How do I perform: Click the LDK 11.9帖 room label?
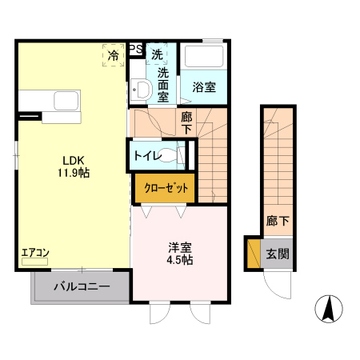pyautogui.click(x=70, y=166)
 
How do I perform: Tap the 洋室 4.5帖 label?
pyautogui.click(x=178, y=254)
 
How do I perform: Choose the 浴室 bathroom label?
pyautogui.click(x=204, y=88)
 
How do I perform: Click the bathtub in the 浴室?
pyautogui.click(x=204, y=58)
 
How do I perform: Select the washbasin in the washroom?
pyautogui.click(x=139, y=90)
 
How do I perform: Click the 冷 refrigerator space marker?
pyautogui.click(x=114, y=55)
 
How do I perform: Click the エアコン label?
pyautogui.click(x=35, y=254)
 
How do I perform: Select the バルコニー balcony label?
pyautogui.click(x=82, y=286)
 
